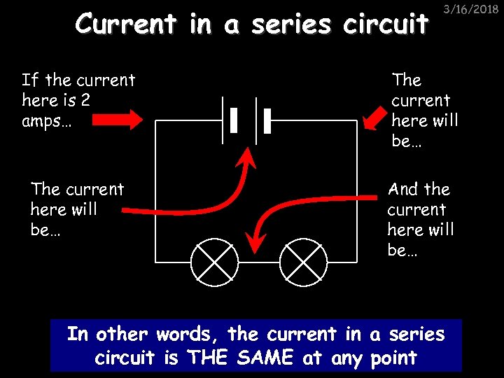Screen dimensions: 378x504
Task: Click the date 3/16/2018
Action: coord(474,10)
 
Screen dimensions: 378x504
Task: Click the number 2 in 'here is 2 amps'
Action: coord(85,100)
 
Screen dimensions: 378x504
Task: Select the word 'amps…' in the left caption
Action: coord(46,120)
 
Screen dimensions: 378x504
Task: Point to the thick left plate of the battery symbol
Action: coord(233,120)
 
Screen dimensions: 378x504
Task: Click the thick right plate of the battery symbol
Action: coord(267,120)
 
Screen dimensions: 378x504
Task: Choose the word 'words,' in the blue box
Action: coord(176,335)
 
